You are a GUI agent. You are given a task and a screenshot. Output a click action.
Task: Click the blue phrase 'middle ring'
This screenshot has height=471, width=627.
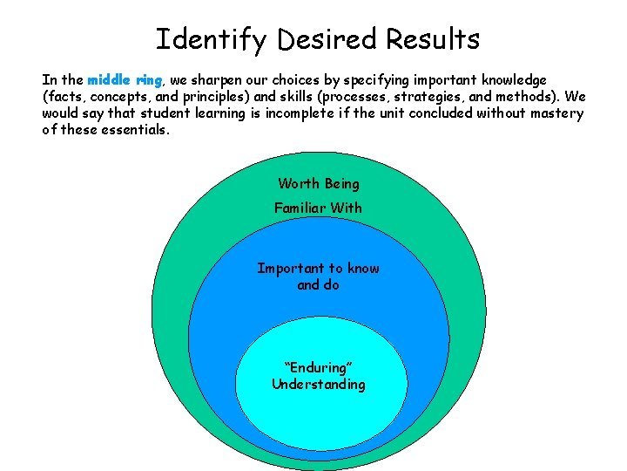coord(125,79)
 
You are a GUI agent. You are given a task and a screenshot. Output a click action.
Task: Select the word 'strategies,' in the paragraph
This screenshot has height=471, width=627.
coord(431,97)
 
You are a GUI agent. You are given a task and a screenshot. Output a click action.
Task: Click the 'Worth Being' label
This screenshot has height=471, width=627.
coord(318,183)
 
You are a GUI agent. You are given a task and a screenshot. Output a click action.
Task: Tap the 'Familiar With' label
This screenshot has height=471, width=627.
coord(318,208)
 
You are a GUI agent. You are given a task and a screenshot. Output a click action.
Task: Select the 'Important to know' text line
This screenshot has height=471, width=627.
coord(318,269)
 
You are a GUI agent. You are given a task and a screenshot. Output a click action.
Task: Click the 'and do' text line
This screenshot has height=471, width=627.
coord(318,285)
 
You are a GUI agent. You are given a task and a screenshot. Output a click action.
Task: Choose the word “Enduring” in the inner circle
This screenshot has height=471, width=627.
coord(318,367)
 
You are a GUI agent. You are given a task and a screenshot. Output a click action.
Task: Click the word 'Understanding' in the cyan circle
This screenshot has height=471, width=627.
coord(318,384)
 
